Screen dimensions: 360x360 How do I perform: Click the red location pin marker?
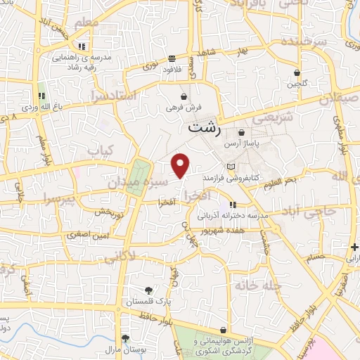tap(181, 165)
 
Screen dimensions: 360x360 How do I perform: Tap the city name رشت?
tap(205, 129)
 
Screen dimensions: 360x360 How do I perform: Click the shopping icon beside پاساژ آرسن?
tap(242, 131)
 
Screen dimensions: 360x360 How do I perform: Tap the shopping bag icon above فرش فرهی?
tap(184, 97)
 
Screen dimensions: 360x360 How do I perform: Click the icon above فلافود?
tap(172, 58)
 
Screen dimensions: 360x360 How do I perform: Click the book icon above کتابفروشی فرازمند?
tap(231, 166)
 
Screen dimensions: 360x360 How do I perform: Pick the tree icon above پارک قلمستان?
tap(148, 290)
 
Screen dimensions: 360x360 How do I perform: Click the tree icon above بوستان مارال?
tap(125, 338)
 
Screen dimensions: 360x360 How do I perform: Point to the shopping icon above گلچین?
tap(297, 72)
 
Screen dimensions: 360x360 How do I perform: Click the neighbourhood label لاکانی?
tap(119, 258)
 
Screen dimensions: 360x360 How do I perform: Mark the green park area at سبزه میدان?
tap(139, 176)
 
